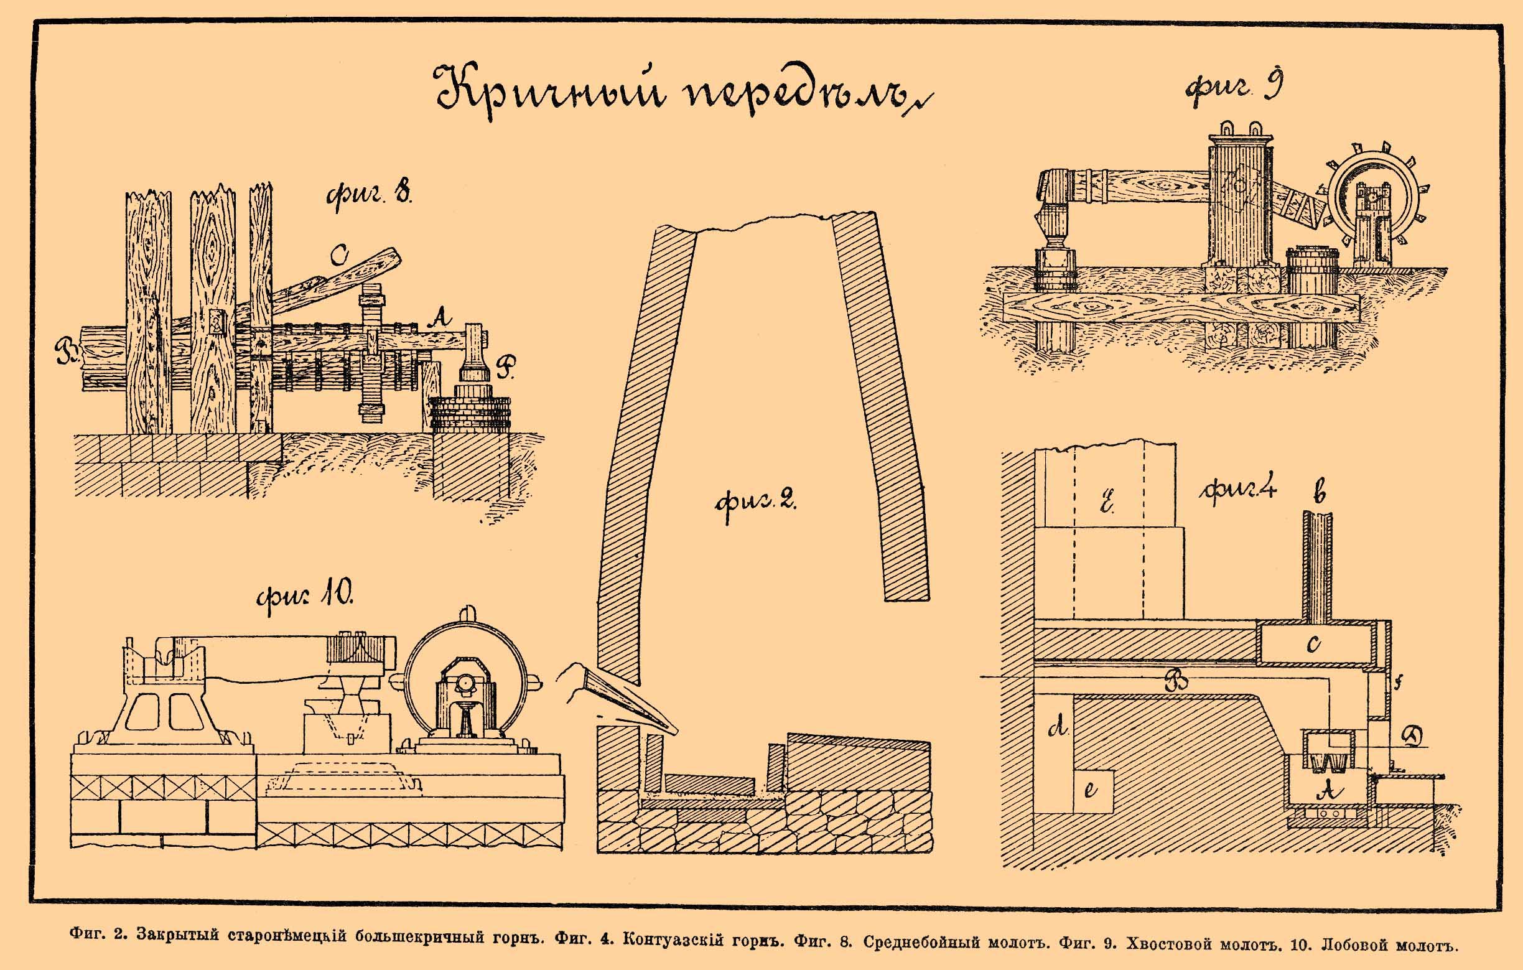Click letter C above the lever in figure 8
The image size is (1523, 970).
[340, 256]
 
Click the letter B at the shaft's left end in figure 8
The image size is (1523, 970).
[65, 352]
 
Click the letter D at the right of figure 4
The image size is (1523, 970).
[1412, 737]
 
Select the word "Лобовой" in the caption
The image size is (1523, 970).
[1360, 946]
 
